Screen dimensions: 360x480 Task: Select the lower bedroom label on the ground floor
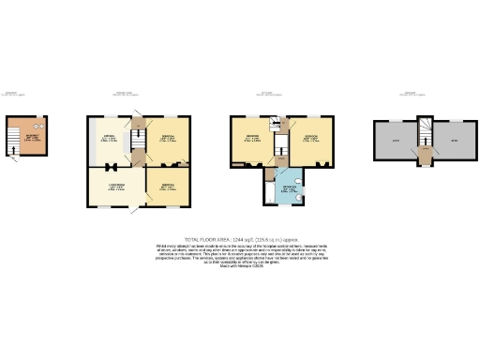(x=169, y=187)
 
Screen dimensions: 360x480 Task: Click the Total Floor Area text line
(x=239, y=239)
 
